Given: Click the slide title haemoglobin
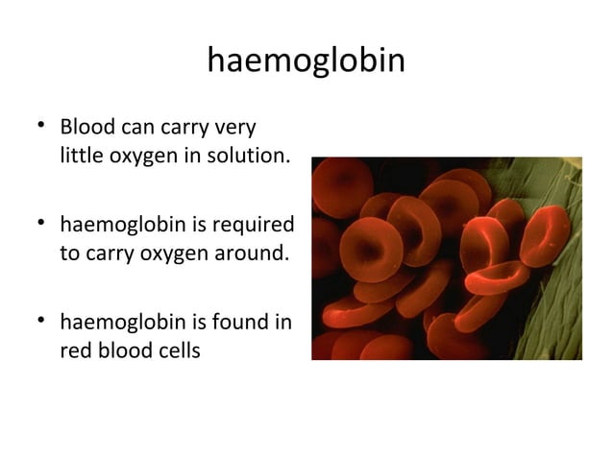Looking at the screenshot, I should pos(306,61).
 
